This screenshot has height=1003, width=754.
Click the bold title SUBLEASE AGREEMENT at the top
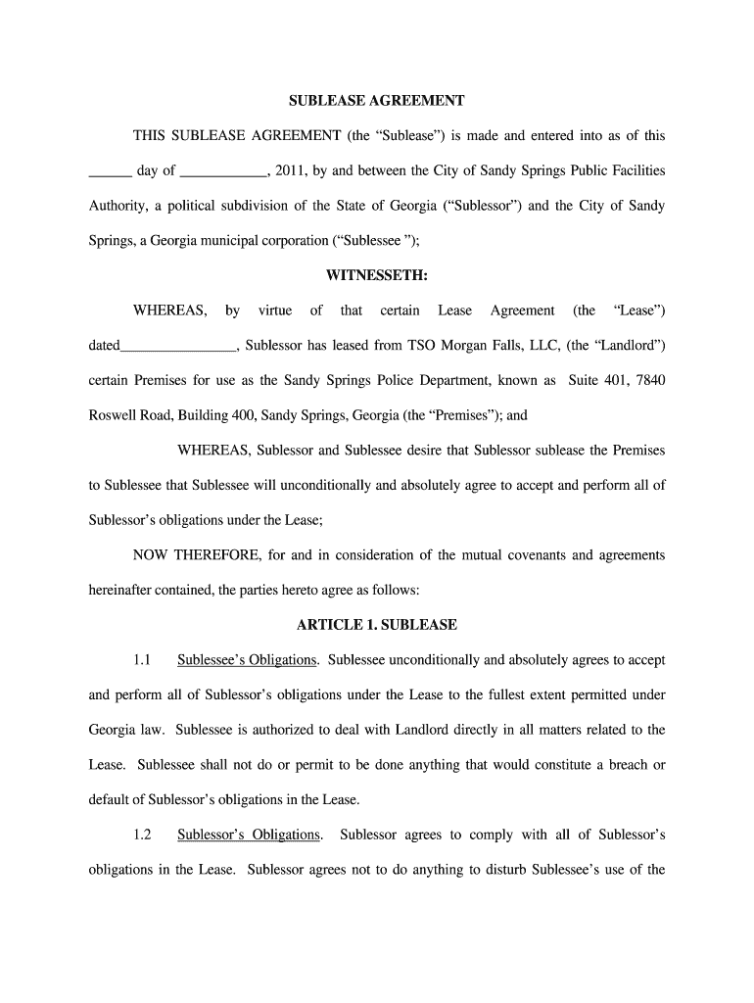point(376,101)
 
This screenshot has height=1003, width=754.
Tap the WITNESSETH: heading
point(376,275)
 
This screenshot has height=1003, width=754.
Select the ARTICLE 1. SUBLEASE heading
point(376,624)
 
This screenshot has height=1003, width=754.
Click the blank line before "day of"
point(110,172)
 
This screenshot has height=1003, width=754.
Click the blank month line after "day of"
point(224,172)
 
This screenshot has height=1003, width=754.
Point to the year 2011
point(291,170)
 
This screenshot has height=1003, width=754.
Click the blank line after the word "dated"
point(177,347)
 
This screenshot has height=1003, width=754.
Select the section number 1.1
point(142,659)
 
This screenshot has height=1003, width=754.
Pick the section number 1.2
point(142,835)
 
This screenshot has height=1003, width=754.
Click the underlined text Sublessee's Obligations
point(248,659)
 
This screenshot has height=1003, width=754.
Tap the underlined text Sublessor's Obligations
point(249,835)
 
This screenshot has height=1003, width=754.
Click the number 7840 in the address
point(649,380)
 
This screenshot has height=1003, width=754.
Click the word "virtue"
point(275,310)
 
